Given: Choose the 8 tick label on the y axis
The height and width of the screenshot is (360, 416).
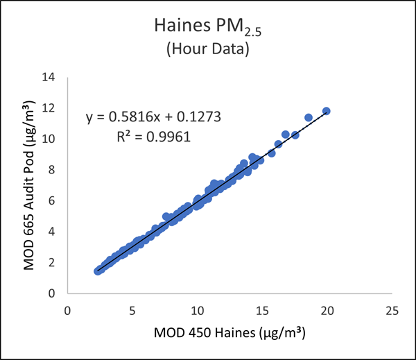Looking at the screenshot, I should pyautogui.click(x=51, y=170).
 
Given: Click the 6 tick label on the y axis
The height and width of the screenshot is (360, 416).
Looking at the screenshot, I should pyautogui.click(x=51, y=200).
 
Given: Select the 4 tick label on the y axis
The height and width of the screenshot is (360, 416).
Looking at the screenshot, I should pyautogui.click(x=51, y=232).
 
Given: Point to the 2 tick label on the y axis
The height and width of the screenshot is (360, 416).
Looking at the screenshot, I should pyautogui.click(x=51, y=262).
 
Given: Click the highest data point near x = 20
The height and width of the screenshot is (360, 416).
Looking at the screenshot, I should pyautogui.click(x=327, y=111).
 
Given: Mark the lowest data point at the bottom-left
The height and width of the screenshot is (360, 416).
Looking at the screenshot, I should pyautogui.click(x=98, y=271).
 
